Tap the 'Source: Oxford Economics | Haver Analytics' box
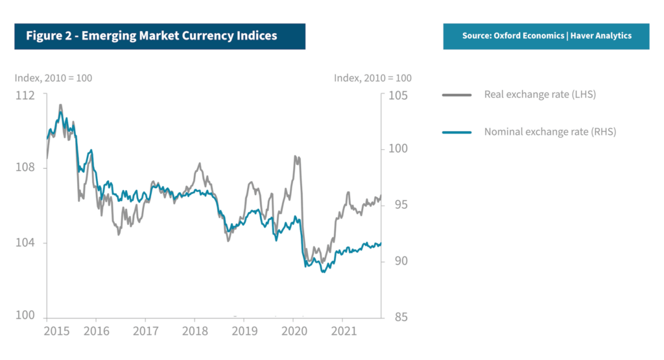(547, 36)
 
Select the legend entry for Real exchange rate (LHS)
(539, 95)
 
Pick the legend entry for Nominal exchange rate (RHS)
(550, 132)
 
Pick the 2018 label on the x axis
(195, 331)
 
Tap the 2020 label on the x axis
(293, 331)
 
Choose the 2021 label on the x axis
(343, 331)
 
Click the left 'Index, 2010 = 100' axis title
(53, 78)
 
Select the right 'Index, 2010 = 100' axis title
(373, 78)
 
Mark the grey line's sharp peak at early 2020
(296, 156)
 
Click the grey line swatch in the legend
(456, 95)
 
